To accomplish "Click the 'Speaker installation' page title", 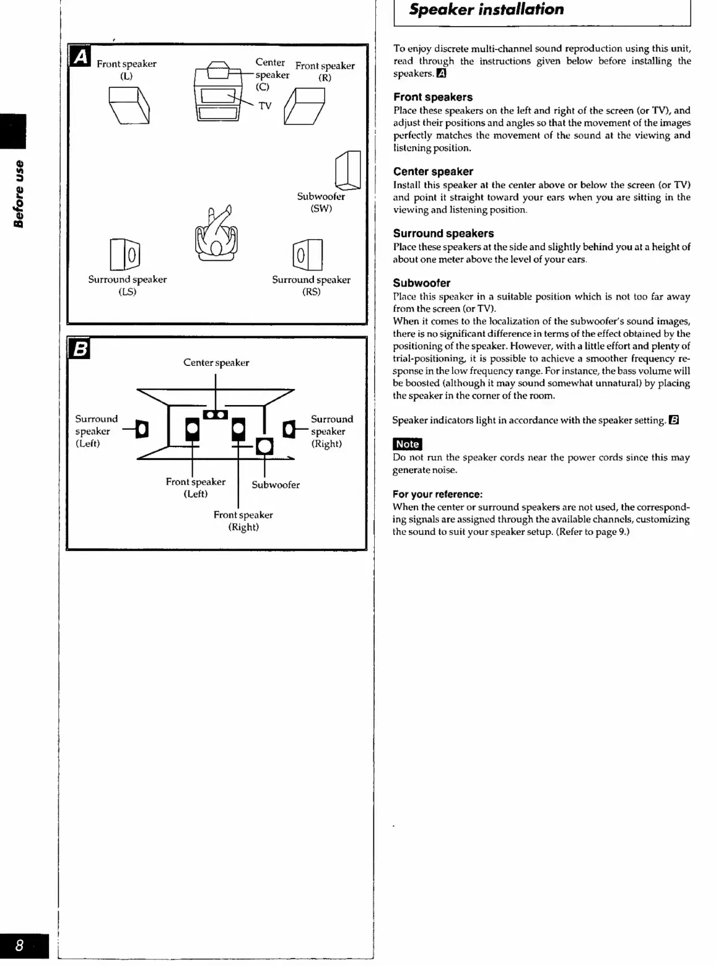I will pyautogui.click(x=486, y=10).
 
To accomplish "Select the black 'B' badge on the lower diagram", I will pyautogui.click(x=81, y=349).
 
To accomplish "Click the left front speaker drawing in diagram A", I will pyautogui.click(x=129, y=105).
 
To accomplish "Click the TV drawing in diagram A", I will pyautogui.click(x=218, y=102).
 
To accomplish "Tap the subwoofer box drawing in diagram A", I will pyautogui.click(x=347, y=170).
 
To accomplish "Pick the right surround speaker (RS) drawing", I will pyautogui.click(x=307, y=255).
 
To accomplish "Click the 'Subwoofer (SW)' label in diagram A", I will pyautogui.click(x=321, y=202).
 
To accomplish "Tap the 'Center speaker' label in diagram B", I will pyautogui.click(x=216, y=363).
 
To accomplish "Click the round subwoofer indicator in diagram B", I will pyautogui.click(x=264, y=446).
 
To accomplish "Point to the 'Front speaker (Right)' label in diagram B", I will pyautogui.click(x=243, y=521).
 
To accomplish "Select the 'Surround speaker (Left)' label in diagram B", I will pyautogui.click(x=95, y=431).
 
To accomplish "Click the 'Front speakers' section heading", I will pyautogui.click(x=433, y=97).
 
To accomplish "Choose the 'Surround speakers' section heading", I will pyautogui.click(x=443, y=233).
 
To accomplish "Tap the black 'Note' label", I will pyautogui.click(x=408, y=444).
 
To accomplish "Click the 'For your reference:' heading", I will pyautogui.click(x=437, y=494).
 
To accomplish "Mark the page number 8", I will pyautogui.click(x=20, y=946).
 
